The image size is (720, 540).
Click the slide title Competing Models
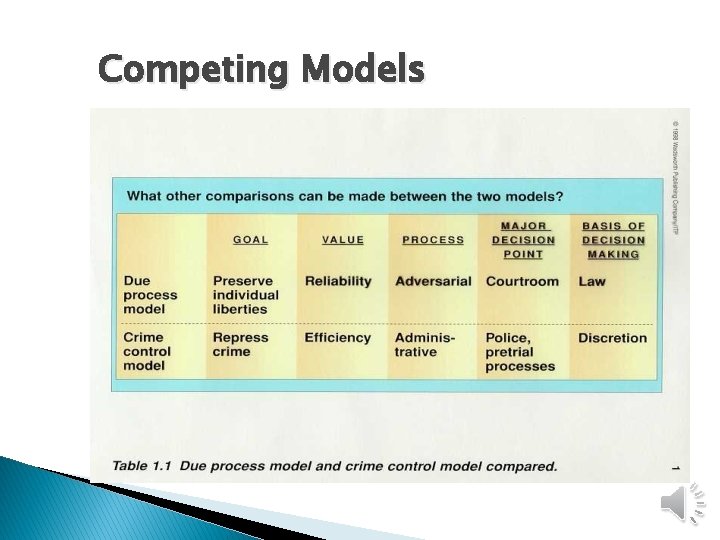point(261,71)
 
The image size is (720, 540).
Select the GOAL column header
point(250,240)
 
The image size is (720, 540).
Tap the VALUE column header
point(343,240)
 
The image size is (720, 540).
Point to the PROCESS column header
point(433,240)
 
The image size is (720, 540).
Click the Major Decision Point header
point(523,240)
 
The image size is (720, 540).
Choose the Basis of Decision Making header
point(614,240)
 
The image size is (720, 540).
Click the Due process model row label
point(150,295)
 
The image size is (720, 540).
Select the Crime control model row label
point(147,352)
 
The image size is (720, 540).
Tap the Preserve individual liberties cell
point(246,295)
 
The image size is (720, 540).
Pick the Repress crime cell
point(240,345)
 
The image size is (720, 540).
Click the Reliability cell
point(338,282)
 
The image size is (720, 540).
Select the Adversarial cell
point(433,282)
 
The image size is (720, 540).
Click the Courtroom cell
point(522,282)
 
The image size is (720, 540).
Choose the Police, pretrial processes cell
point(520,352)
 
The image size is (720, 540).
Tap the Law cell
point(592,282)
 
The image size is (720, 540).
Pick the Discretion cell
point(612,338)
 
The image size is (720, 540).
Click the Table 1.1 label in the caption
point(141,466)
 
